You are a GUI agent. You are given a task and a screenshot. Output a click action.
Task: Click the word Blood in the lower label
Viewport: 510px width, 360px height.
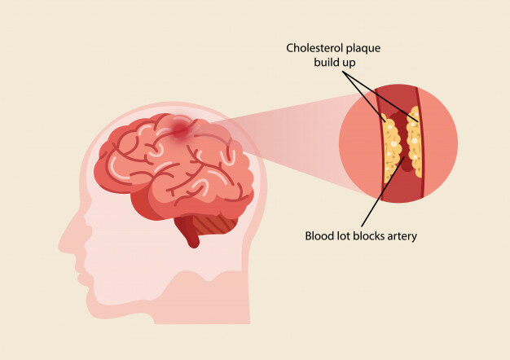point(319,237)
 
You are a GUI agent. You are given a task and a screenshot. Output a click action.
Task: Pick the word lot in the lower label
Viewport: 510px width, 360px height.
point(345,237)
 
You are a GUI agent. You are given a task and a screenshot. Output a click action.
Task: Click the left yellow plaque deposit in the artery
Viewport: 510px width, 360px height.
point(393,151)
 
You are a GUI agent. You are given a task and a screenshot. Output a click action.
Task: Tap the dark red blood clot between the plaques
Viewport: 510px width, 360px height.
point(404,147)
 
